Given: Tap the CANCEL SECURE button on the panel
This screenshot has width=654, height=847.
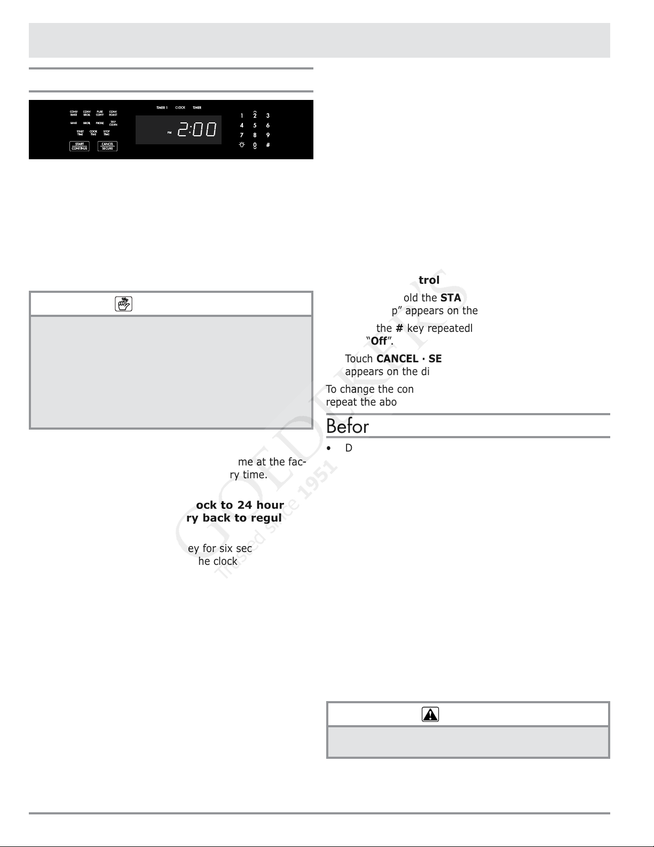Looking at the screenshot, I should coord(107,146).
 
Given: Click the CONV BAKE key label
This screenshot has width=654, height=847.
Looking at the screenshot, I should coord(74,113).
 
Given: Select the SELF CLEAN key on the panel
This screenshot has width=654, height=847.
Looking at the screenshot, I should coord(113,123).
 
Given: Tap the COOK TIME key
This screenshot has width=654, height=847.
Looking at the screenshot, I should coord(93,133).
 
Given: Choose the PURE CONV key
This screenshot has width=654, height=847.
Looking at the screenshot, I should coord(100,113).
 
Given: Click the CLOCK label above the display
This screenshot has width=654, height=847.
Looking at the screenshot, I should coord(180,108).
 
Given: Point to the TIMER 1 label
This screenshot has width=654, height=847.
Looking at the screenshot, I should coord(162,108).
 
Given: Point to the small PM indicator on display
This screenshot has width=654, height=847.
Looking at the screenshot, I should coord(170,133).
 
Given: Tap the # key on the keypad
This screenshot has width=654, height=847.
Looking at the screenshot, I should coord(268,145).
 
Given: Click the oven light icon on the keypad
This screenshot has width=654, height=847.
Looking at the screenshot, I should coord(242,145).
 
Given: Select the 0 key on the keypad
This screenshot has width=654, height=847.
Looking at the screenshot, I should coord(255,145).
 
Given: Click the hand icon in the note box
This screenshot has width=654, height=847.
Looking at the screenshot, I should coord(123,304).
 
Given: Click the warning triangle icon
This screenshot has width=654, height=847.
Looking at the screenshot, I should coord(430,714).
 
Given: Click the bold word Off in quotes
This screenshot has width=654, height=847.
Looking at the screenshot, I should coord(379,341).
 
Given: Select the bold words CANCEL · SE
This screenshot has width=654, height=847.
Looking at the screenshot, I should coord(409,359).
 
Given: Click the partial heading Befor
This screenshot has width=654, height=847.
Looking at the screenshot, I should coord(348,426).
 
